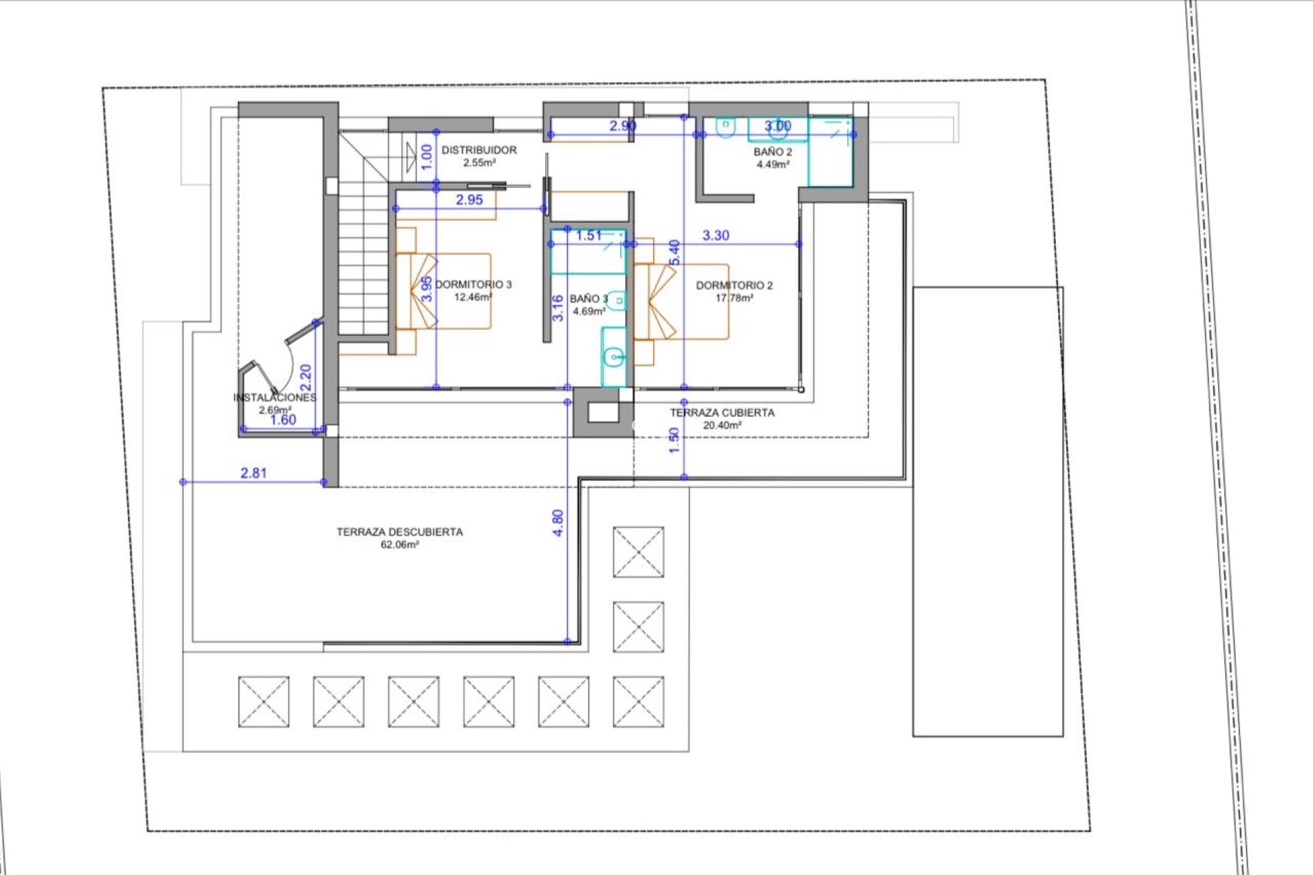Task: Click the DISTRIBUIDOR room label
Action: [479, 150]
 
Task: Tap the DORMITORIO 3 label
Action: [473, 284]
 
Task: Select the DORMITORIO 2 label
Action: [734, 285]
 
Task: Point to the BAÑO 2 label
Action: [773, 152]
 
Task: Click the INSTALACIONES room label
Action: [275, 397]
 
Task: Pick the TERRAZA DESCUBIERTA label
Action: [399, 532]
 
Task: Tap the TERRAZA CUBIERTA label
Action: [722, 413]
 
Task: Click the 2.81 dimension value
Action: [254, 473]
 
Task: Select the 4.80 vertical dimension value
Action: [558, 523]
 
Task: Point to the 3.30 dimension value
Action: [716, 235]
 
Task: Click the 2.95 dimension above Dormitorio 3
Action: [469, 200]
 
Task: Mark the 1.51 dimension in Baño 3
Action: [589, 236]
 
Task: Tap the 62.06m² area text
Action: [399, 545]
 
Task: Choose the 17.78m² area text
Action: [734, 298]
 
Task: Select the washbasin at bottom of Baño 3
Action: [614, 356]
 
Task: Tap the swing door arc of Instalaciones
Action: [289, 362]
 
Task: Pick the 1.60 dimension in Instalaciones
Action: [283, 420]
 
